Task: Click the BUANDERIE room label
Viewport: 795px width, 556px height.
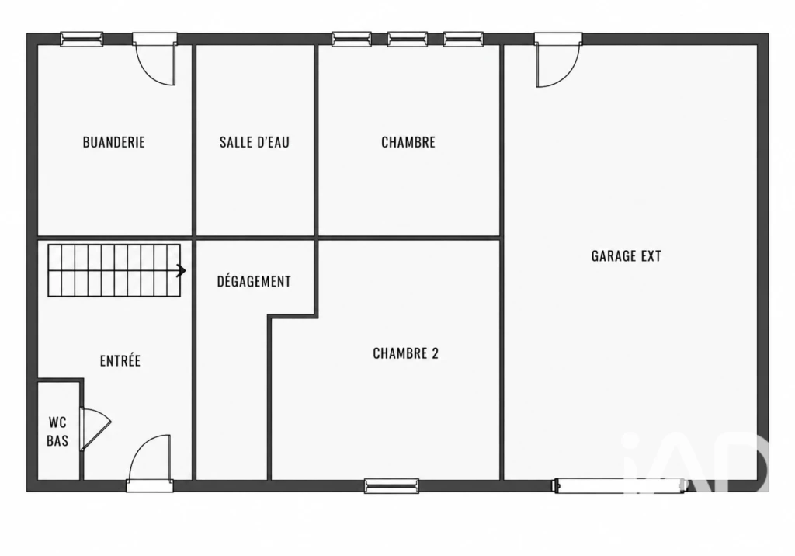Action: pyautogui.click(x=113, y=142)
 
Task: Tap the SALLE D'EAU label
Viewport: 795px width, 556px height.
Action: pyautogui.click(x=255, y=142)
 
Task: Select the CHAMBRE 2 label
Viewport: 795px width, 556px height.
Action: pyautogui.click(x=405, y=353)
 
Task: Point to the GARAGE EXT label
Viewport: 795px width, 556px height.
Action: pyautogui.click(x=627, y=255)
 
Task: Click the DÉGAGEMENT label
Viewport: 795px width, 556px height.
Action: pyautogui.click(x=254, y=281)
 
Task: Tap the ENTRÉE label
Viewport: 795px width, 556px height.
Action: pyautogui.click(x=120, y=360)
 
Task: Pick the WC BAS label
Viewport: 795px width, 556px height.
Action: pyautogui.click(x=57, y=431)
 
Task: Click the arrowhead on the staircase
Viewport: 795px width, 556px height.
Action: pyautogui.click(x=182, y=271)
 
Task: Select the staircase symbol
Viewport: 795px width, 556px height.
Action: pyautogui.click(x=114, y=270)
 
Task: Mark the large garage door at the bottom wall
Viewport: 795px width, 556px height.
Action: pyautogui.click(x=619, y=485)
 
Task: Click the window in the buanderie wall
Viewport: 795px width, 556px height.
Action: pyautogui.click(x=82, y=39)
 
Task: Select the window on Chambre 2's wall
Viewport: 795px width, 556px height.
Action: pyautogui.click(x=391, y=486)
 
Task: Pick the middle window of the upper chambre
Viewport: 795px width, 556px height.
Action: pyautogui.click(x=408, y=39)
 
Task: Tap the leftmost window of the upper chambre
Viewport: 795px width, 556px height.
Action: pyautogui.click(x=352, y=39)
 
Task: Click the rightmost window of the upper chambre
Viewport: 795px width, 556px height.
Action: pyautogui.click(x=463, y=39)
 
